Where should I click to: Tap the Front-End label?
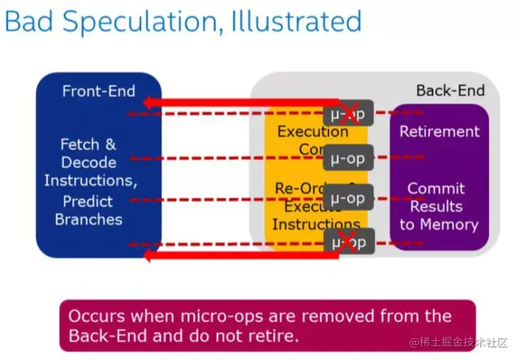pyautogui.click(x=98, y=91)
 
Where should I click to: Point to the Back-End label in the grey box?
pyautogui.click(x=450, y=90)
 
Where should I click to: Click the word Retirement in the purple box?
pyautogui.click(x=439, y=132)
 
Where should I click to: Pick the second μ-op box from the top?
pyautogui.click(x=348, y=158)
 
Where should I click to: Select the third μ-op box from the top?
pyautogui.click(x=348, y=198)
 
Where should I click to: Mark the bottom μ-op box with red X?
pyautogui.click(x=348, y=242)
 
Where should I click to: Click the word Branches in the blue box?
pyautogui.click(x=89, y=219)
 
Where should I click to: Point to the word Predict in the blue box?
pyautogui.click(x=88, y=201)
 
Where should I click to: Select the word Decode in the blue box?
pyautogui.click(x=88, y=162)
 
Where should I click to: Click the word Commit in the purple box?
pyautogui.click(x=436, y=189)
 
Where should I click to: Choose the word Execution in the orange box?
pyautogui.click(x=313, y=132)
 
